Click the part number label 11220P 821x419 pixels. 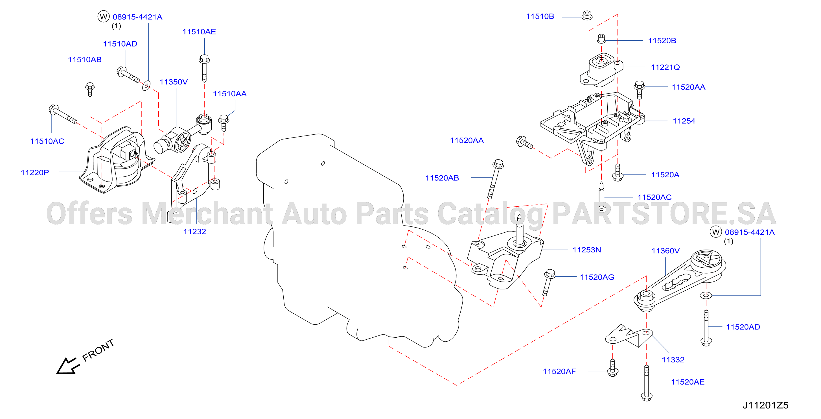(35, 173)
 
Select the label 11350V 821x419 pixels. (173, 82)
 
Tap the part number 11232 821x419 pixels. (194, 232)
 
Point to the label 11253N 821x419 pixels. (586, 250)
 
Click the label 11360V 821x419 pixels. (665, 251)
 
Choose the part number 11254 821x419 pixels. (684, 121)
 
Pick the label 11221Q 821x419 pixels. (665, 67)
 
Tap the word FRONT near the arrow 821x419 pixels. (98, 350)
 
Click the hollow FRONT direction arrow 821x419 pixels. (67, 366)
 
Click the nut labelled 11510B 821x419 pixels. (587, 15)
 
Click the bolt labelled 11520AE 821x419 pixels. (646, 383)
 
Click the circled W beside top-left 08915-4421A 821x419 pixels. (103, 17)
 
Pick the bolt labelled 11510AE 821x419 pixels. (204, 68)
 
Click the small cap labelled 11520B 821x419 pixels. (601, 39)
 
